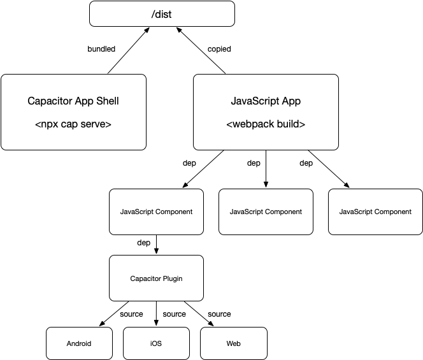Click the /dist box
pos(162,13)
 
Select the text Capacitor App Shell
pos(73,101)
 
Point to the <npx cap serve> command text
pos(73,124)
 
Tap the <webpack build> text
pos(266,124)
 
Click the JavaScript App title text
pos(266,101)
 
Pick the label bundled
pos(101,49)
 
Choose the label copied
pos(219,49)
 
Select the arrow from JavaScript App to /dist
pos(203,51)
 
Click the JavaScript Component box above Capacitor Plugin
pos(156,212)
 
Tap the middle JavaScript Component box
pos(266,212)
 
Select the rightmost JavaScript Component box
pos(375,212)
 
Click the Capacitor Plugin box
pos(156,278)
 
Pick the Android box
pos(79,343)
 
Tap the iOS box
pos(156,343)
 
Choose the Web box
pos(233,343)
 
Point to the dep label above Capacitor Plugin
pos(144,243)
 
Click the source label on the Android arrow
pos(131,314)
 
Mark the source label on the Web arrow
pos(219,314)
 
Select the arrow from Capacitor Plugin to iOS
pos(156,312)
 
